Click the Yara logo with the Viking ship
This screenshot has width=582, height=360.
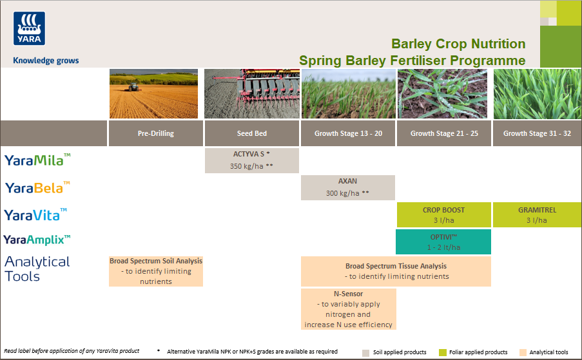tap(28, 28)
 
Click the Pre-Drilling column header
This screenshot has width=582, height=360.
tap(155, 133)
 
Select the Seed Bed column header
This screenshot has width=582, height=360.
tap(251, 133)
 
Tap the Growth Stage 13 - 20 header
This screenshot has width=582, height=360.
tap(348, 133)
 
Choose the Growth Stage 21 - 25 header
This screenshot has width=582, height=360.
tap(443, 133)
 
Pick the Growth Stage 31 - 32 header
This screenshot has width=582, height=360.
tap(537, 133)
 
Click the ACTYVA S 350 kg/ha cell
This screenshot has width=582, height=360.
tap(251, 160)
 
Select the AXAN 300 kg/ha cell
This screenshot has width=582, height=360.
tap(347, 187)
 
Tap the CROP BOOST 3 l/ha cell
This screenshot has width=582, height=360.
tap(443, 214)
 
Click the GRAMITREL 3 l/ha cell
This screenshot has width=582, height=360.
tap(537, 214)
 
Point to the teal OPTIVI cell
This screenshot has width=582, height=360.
tap(443, 242)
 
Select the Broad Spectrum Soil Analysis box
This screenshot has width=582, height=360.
tap(155, 271)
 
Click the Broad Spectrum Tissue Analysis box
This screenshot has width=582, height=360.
tap(396, 271)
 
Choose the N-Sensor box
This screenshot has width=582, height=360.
tap(348, 309)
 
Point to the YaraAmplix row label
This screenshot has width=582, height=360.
tap(37, 240)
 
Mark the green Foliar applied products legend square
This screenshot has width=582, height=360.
tap(442, 352)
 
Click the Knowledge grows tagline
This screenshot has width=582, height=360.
tap(46, 61)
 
